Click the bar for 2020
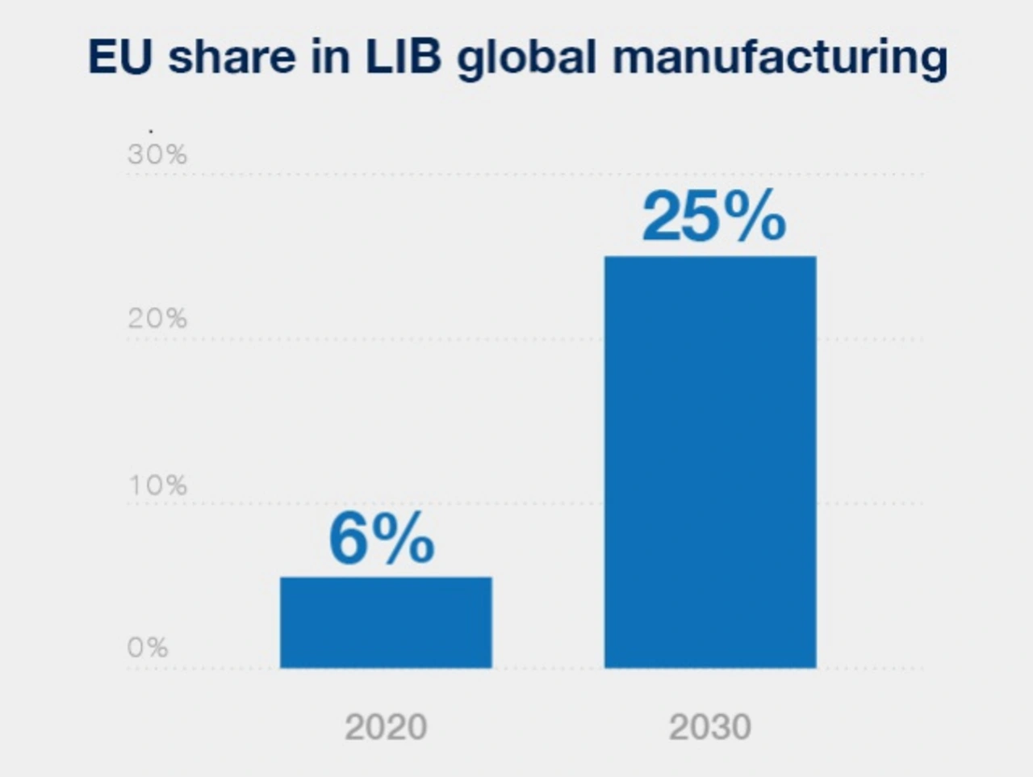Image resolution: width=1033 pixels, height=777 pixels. pyautogui.click(x=386, y=622)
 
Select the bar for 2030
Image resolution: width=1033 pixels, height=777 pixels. pyautogui.click(x=710, y=462)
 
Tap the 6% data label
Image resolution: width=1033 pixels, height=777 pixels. pyautogui.click(x=381, y=540)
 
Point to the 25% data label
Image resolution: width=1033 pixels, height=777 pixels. pyautogui.click(x=713, y=217)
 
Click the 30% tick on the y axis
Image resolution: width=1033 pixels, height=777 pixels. pyautogui.click(x=157, y=154)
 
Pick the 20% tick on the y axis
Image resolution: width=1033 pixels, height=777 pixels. pyautogui.click(x=157, y=318)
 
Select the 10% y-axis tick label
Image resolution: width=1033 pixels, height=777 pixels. pyautogui.click(x=157, y=485)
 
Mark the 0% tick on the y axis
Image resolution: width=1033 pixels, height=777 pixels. pyautogui.click(x=148, y=647)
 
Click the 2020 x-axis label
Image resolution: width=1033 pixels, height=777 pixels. pyautogui.click(x=386, y=727)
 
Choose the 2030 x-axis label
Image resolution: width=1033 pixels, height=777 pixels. pyautogui.click(x=710, y=727)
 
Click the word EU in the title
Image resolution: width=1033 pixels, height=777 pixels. pyautogui.click(x=119, y=57)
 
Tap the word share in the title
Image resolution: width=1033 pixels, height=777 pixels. pyautogui.click(x=232, y=57)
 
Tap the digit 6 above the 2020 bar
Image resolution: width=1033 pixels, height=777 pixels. pyautogui.click(x=347, y=540)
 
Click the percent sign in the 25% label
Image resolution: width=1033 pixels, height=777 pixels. pyautogui.click(x=754, y=217)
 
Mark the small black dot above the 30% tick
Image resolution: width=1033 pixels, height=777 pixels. pyautogui.click(x=151, y=129)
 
